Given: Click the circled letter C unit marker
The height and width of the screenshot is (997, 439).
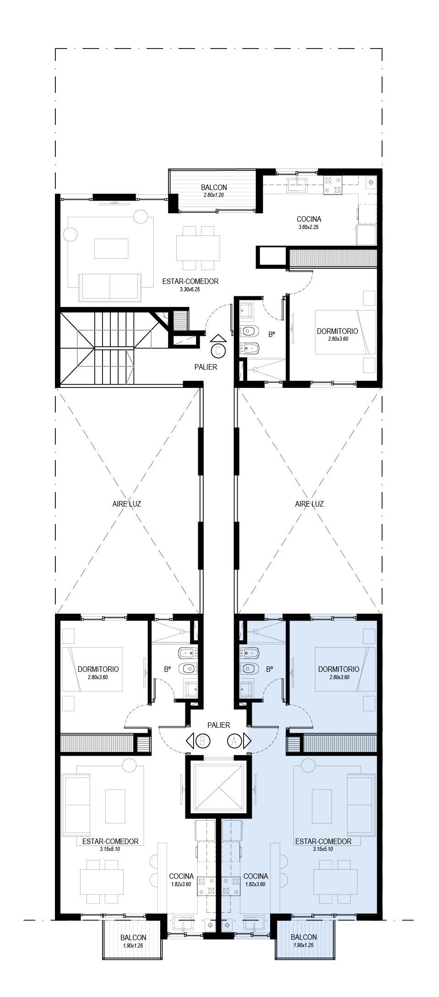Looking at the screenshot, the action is [x=219, y=350].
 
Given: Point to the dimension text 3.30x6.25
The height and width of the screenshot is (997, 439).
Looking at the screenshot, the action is [x=190, y=289].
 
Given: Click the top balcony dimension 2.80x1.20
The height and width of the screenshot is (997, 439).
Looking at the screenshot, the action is [x=214, y=195].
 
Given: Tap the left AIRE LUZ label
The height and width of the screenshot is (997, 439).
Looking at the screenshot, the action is [x=127, y=504].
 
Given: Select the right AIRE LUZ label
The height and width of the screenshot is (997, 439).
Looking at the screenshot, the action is [x=309, y=504].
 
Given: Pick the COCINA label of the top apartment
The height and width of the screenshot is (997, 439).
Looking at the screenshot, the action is [x=305, y=219].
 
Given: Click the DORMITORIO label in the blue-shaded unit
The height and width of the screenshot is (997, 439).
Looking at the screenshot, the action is [x=339, y=669].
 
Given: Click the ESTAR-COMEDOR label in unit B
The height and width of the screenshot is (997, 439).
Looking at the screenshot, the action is [x=110, y=841].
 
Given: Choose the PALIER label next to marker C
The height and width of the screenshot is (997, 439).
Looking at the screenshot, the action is [x=206, y=367].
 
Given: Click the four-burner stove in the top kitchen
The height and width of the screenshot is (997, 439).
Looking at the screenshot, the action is [x=333, y=185].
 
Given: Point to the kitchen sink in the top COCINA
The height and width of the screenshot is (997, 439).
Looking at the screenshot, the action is [x=299, y=185].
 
